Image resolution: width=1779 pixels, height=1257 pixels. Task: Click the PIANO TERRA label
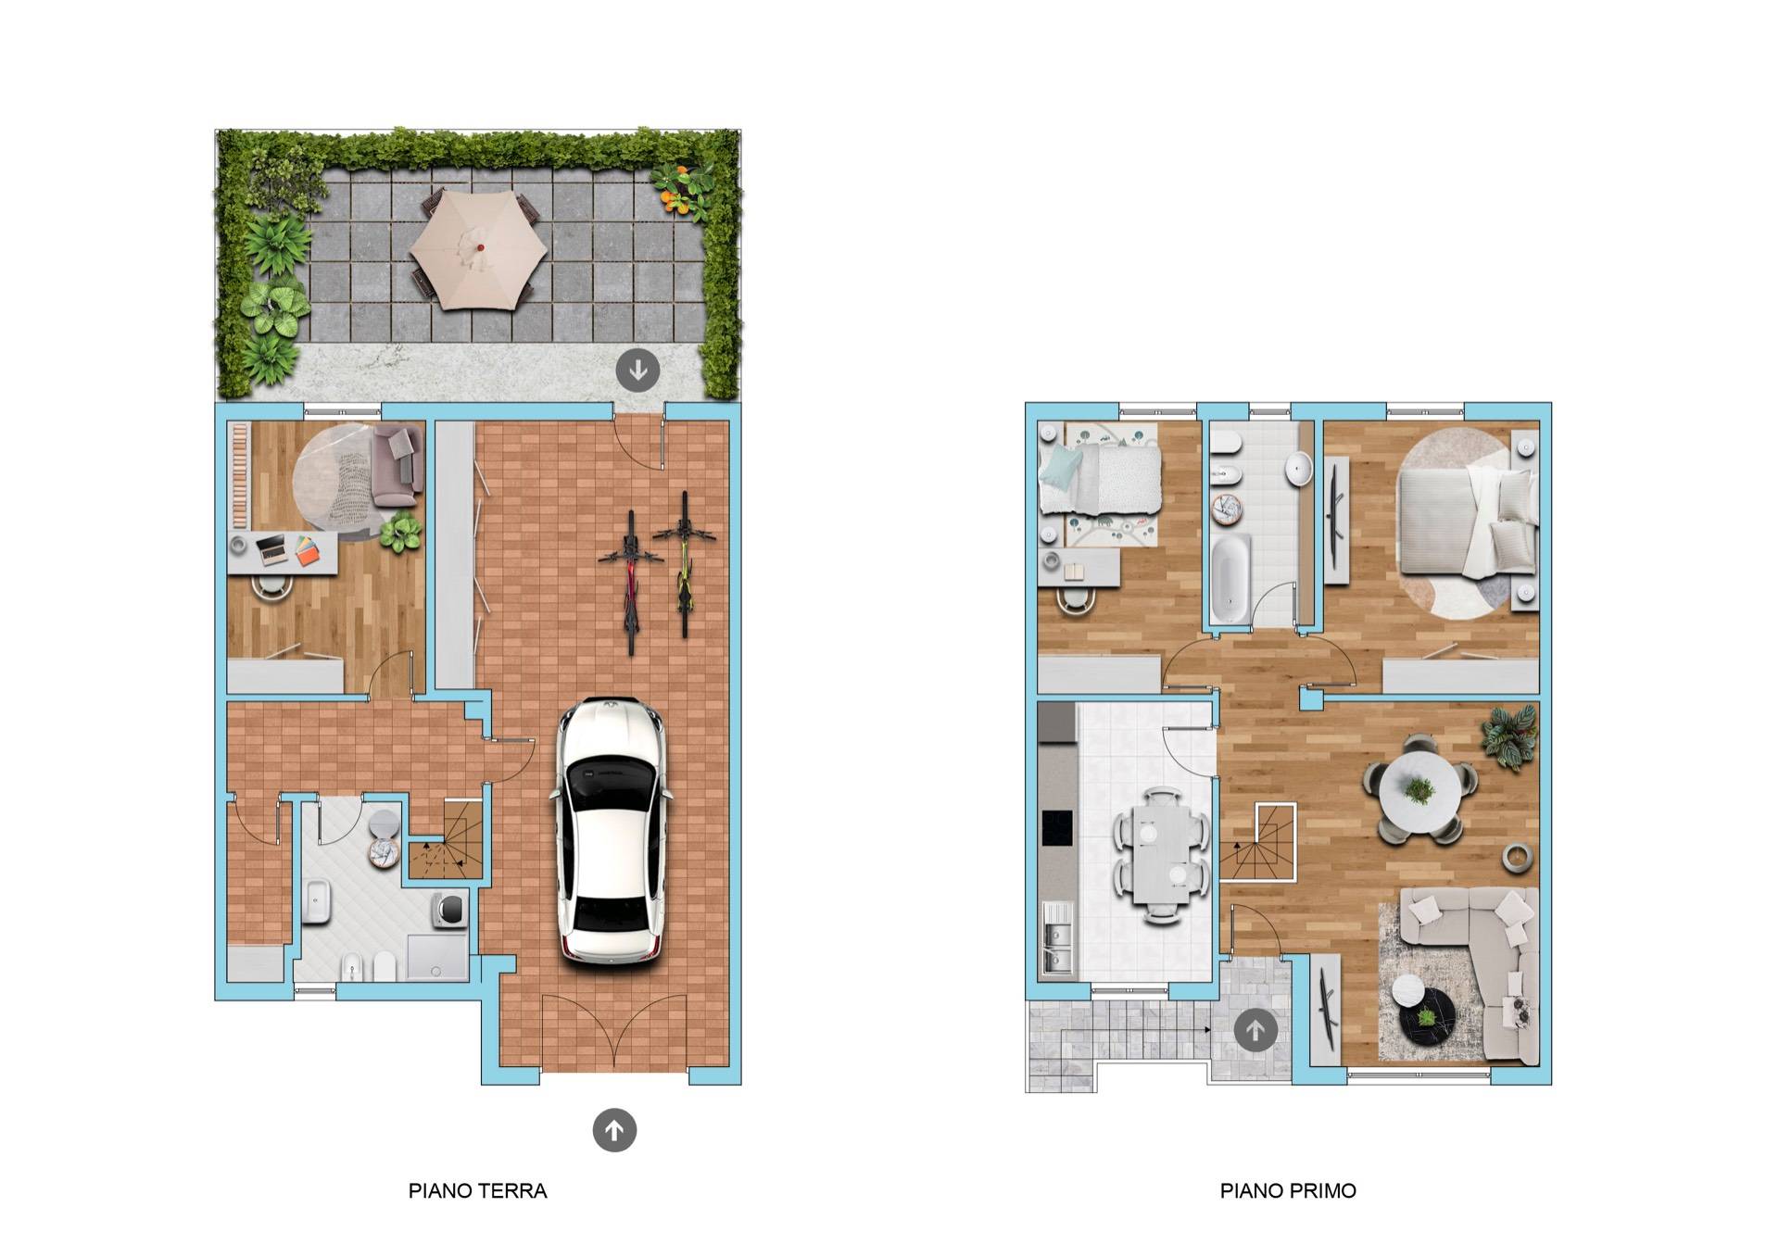pyautogui.click(x=477, y=1191)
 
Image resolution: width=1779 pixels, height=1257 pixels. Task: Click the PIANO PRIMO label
pyautogui.click(x=1288, y=1191)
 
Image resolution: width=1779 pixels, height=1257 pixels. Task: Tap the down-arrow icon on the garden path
pyautogui.click(x=638, y=371)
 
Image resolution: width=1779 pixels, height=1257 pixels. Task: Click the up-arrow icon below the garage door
pyautogui.click(x=614, y=1130)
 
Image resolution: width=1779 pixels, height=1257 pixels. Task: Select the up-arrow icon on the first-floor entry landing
pyautogui.click(x=1255, y=1029)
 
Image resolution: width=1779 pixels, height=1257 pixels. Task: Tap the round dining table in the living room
pyautogui.click(x=1419, y=790)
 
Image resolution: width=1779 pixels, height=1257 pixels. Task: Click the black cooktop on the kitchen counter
pyautogui.click(x=1057, y=827)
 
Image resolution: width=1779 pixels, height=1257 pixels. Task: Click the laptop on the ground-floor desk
pyautogui.click(x=273, y=549)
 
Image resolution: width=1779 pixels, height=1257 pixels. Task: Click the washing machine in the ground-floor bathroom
pyautogui.click(x=449, y=911)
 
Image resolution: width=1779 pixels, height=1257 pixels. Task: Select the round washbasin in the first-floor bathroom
pyautogui.click(x=1300, y=469)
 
